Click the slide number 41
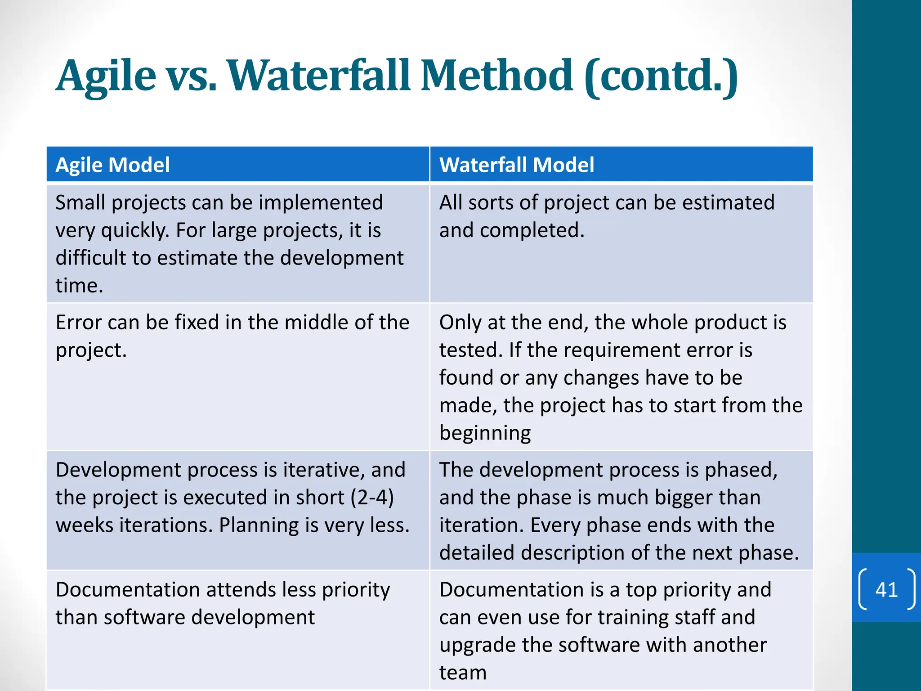coord(886,589)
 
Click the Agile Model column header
coord(112,165)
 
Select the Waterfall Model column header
coord(516,165)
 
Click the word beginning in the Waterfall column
coord(485,433)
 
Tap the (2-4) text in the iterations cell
coord(372,497)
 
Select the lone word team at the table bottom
coord(463,673)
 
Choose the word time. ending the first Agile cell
coord(79,286)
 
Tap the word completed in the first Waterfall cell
coord(532,230)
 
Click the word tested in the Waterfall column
coord(470,350)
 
